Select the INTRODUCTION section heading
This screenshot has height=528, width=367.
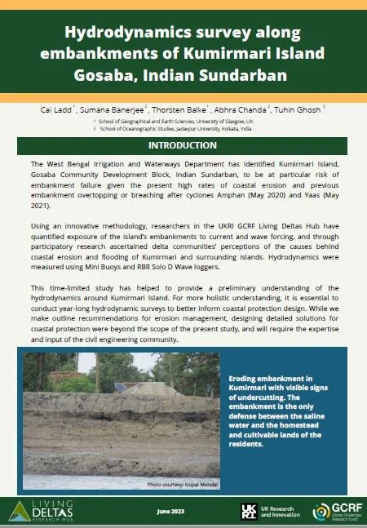point(183,146)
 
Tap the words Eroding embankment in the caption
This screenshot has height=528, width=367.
point(278,379)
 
